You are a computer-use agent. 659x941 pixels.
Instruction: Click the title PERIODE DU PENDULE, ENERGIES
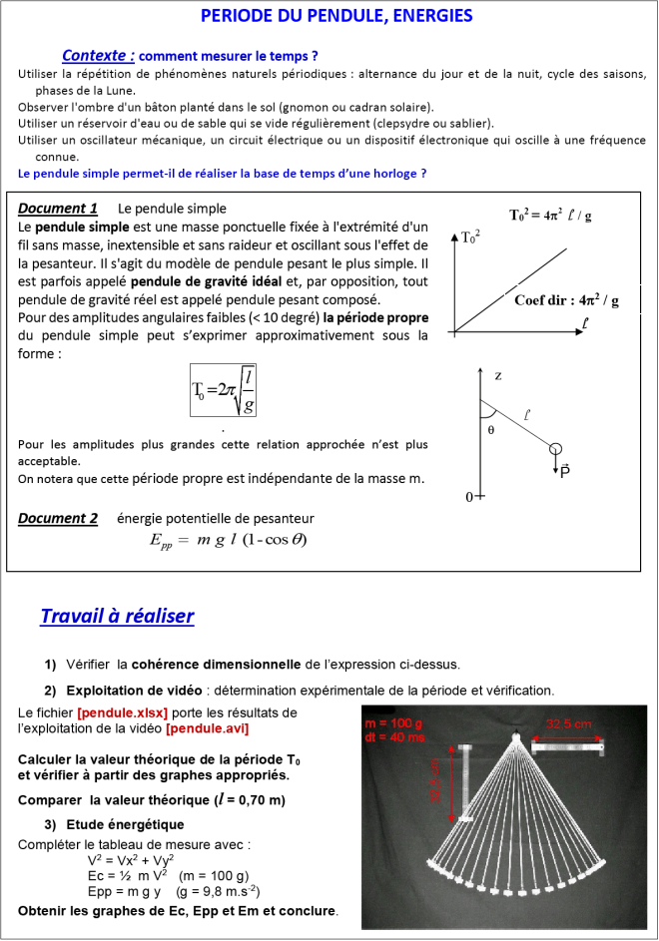click(336, 16)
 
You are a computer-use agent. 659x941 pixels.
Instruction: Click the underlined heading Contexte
click(98, 56)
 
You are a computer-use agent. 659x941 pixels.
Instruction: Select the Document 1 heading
click(58, 209)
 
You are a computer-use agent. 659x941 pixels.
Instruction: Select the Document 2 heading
click(58, 518)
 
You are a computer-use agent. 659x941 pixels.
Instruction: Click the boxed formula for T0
click(224, 389)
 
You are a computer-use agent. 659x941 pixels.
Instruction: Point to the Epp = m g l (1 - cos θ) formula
click(228, 540)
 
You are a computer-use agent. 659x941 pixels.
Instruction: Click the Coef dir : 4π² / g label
click(566, 300)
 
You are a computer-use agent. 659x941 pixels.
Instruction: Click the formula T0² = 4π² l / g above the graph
click(550, 215)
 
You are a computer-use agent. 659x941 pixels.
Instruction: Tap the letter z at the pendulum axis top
click(497, 375)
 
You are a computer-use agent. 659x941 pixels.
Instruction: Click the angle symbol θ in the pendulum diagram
click(490, 430)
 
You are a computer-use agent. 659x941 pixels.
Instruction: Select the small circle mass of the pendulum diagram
click(556, 449)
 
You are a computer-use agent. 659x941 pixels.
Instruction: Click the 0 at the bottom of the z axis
click(469, 496)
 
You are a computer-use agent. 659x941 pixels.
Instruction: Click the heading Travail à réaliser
click(117, 616)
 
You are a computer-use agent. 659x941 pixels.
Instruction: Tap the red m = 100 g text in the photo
click(396, 723)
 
